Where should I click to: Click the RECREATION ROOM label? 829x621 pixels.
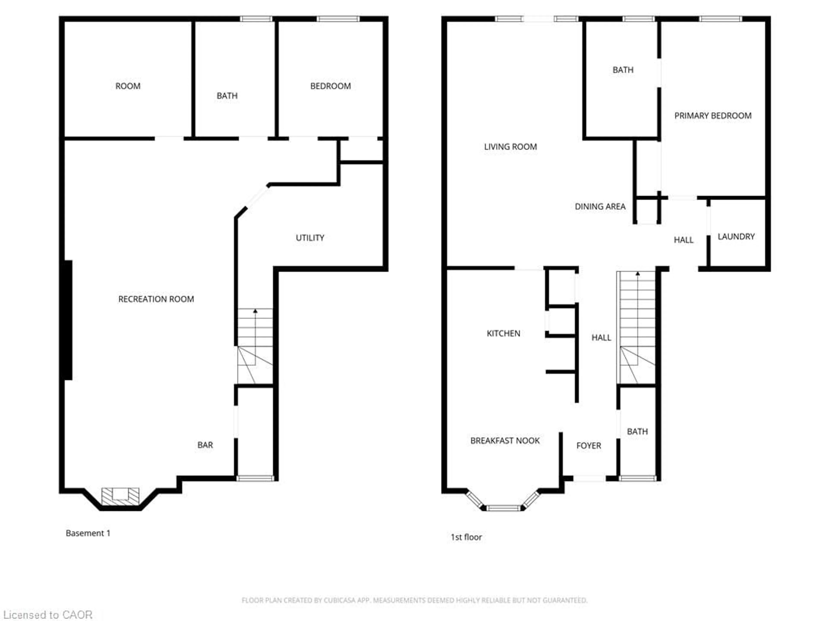pyautogui.click(x=156, y=299)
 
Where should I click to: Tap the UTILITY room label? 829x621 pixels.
pyautogui.click(x=310, y=238)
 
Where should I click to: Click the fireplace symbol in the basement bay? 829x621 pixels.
pyautogui.click(x=120, y=496)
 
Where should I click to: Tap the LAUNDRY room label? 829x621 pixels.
pyautogui.click(x=736, y=237)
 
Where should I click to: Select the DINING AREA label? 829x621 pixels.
pyautogui.click(x=600, y=206)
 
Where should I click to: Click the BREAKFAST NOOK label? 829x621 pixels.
pyautogui.click(x=505, y=441)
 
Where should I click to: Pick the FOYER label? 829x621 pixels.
pyautogui.click(x=588, y=445)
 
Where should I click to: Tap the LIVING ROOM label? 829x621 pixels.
pyautogui.click(x=510, y=147)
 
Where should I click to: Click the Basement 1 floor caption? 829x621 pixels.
pyautogui.click(x=88, y=533)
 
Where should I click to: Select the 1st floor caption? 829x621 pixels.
pyautogui.click(x=466, y=537)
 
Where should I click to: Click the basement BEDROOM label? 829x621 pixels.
pyautogui.click(x=330, y=86)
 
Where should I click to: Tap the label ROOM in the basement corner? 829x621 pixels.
pyautogui.click(x=128, y=86)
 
